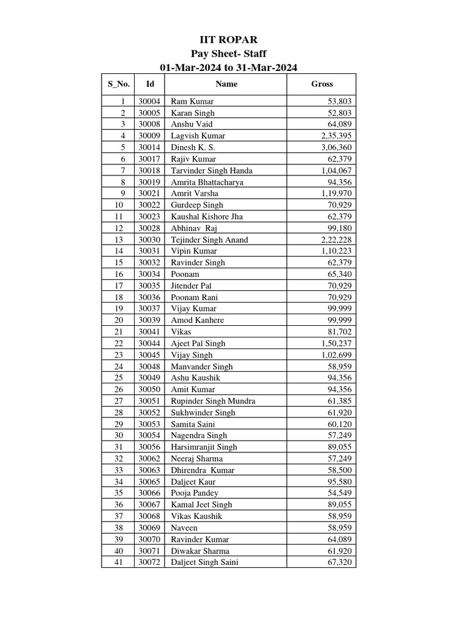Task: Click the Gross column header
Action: pos(322,84)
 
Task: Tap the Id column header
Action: pos(150,84)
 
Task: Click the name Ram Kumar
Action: pos(192,101)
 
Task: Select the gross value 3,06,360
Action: pos(336,147)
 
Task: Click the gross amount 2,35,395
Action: pos(336,136)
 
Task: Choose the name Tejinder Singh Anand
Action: pos(209,240)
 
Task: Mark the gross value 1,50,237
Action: pos(336,344)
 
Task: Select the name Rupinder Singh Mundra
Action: pos(213,401)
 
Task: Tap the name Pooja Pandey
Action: pos(195,493)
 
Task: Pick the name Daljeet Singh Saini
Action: pos(204,562)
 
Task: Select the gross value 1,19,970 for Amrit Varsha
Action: pos(336,194)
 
